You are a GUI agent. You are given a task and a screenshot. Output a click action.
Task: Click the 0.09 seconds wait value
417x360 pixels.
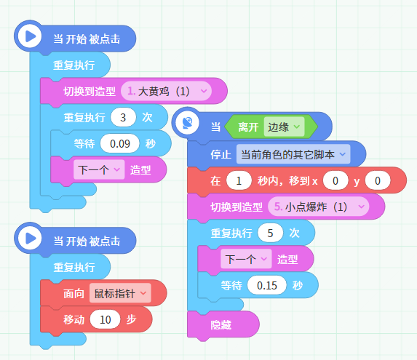pos(119,144)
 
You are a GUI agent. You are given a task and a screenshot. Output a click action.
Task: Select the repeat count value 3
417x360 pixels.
pos(123,117)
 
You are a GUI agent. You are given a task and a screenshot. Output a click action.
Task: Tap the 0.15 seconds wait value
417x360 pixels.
pos(267,286)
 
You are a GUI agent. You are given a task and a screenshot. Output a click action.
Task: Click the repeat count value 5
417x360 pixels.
pos(270,233)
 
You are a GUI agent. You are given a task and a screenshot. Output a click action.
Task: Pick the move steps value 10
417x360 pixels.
pos(105,319)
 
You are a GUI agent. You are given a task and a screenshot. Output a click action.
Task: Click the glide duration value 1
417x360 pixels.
pos(239,180)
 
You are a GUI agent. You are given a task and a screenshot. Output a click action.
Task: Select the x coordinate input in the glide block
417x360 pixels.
pos(335,180)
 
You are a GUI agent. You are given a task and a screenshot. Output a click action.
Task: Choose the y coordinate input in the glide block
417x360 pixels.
pos(378,180)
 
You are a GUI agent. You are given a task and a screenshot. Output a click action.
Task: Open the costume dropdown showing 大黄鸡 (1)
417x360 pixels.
pos(166,91)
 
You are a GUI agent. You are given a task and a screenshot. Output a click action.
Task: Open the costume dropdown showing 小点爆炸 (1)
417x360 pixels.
pos(318,207)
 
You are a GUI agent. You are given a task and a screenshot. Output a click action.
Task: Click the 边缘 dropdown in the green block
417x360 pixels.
pos(284,127)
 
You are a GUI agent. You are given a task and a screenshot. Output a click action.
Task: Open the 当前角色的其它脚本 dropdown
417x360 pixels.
pos(293,154)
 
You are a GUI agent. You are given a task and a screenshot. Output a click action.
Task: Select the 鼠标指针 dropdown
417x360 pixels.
pos(120,293)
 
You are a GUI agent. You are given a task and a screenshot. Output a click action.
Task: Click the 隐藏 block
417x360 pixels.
pos(223,324)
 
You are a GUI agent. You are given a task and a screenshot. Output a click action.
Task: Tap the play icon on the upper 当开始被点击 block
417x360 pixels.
pos(30,36)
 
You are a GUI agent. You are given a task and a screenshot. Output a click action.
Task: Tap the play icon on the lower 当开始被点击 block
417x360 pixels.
pos(30,238)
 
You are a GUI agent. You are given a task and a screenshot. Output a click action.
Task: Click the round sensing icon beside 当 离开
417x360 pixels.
pos(187,122)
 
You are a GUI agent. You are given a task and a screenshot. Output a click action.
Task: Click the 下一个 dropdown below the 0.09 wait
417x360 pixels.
pos(99,169)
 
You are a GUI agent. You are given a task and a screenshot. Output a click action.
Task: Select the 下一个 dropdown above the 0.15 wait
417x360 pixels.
pos(246,259)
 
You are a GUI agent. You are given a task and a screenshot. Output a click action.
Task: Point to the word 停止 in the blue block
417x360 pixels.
pos(221,154)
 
